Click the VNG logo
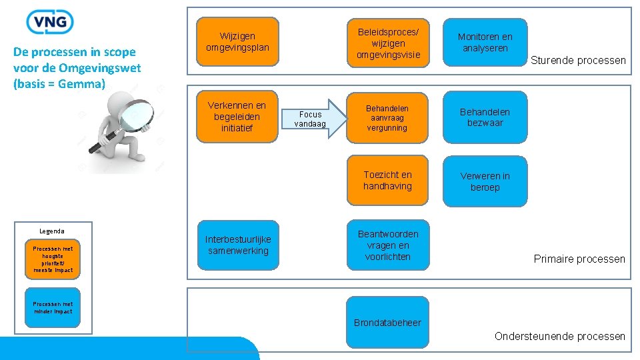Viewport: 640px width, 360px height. pyautogui.click(x=50, y=21)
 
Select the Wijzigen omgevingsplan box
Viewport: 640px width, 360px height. pyautogui.click(x=238, y=41)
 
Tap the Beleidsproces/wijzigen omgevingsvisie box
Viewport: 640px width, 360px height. pyautogui.click(x=388, y=43)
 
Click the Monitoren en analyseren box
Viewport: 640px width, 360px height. pyautogui.click(x=485, y=43)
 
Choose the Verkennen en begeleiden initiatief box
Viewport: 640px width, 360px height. pyautogui.click(x=237, y=117)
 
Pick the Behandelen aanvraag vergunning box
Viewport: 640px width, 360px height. pyautogui.click(x=387, y=118)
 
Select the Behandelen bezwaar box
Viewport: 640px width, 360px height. pyautogui.click(x=485, y=117)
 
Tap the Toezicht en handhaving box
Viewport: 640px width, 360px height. pyautogui.click(x=387, y=181)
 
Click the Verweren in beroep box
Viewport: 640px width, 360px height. pyautogui.click(x=485, y=181)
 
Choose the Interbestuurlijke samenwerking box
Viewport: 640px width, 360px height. pyautogui.click(x=238, y=245)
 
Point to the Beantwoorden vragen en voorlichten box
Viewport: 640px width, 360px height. pyautogui.click(x=388, y=245)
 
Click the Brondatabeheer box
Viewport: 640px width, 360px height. pyautogui.click(x=387, y=323)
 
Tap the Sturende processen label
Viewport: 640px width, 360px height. pyautogui.click(x=578, y=61)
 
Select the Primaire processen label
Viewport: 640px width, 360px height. pyautogui.click(x=579, y=259)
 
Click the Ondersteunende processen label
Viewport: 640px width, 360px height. pyautogui.click(x=560, y=336)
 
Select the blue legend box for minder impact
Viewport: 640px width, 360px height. pyautogui.click(x=53, y=308)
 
